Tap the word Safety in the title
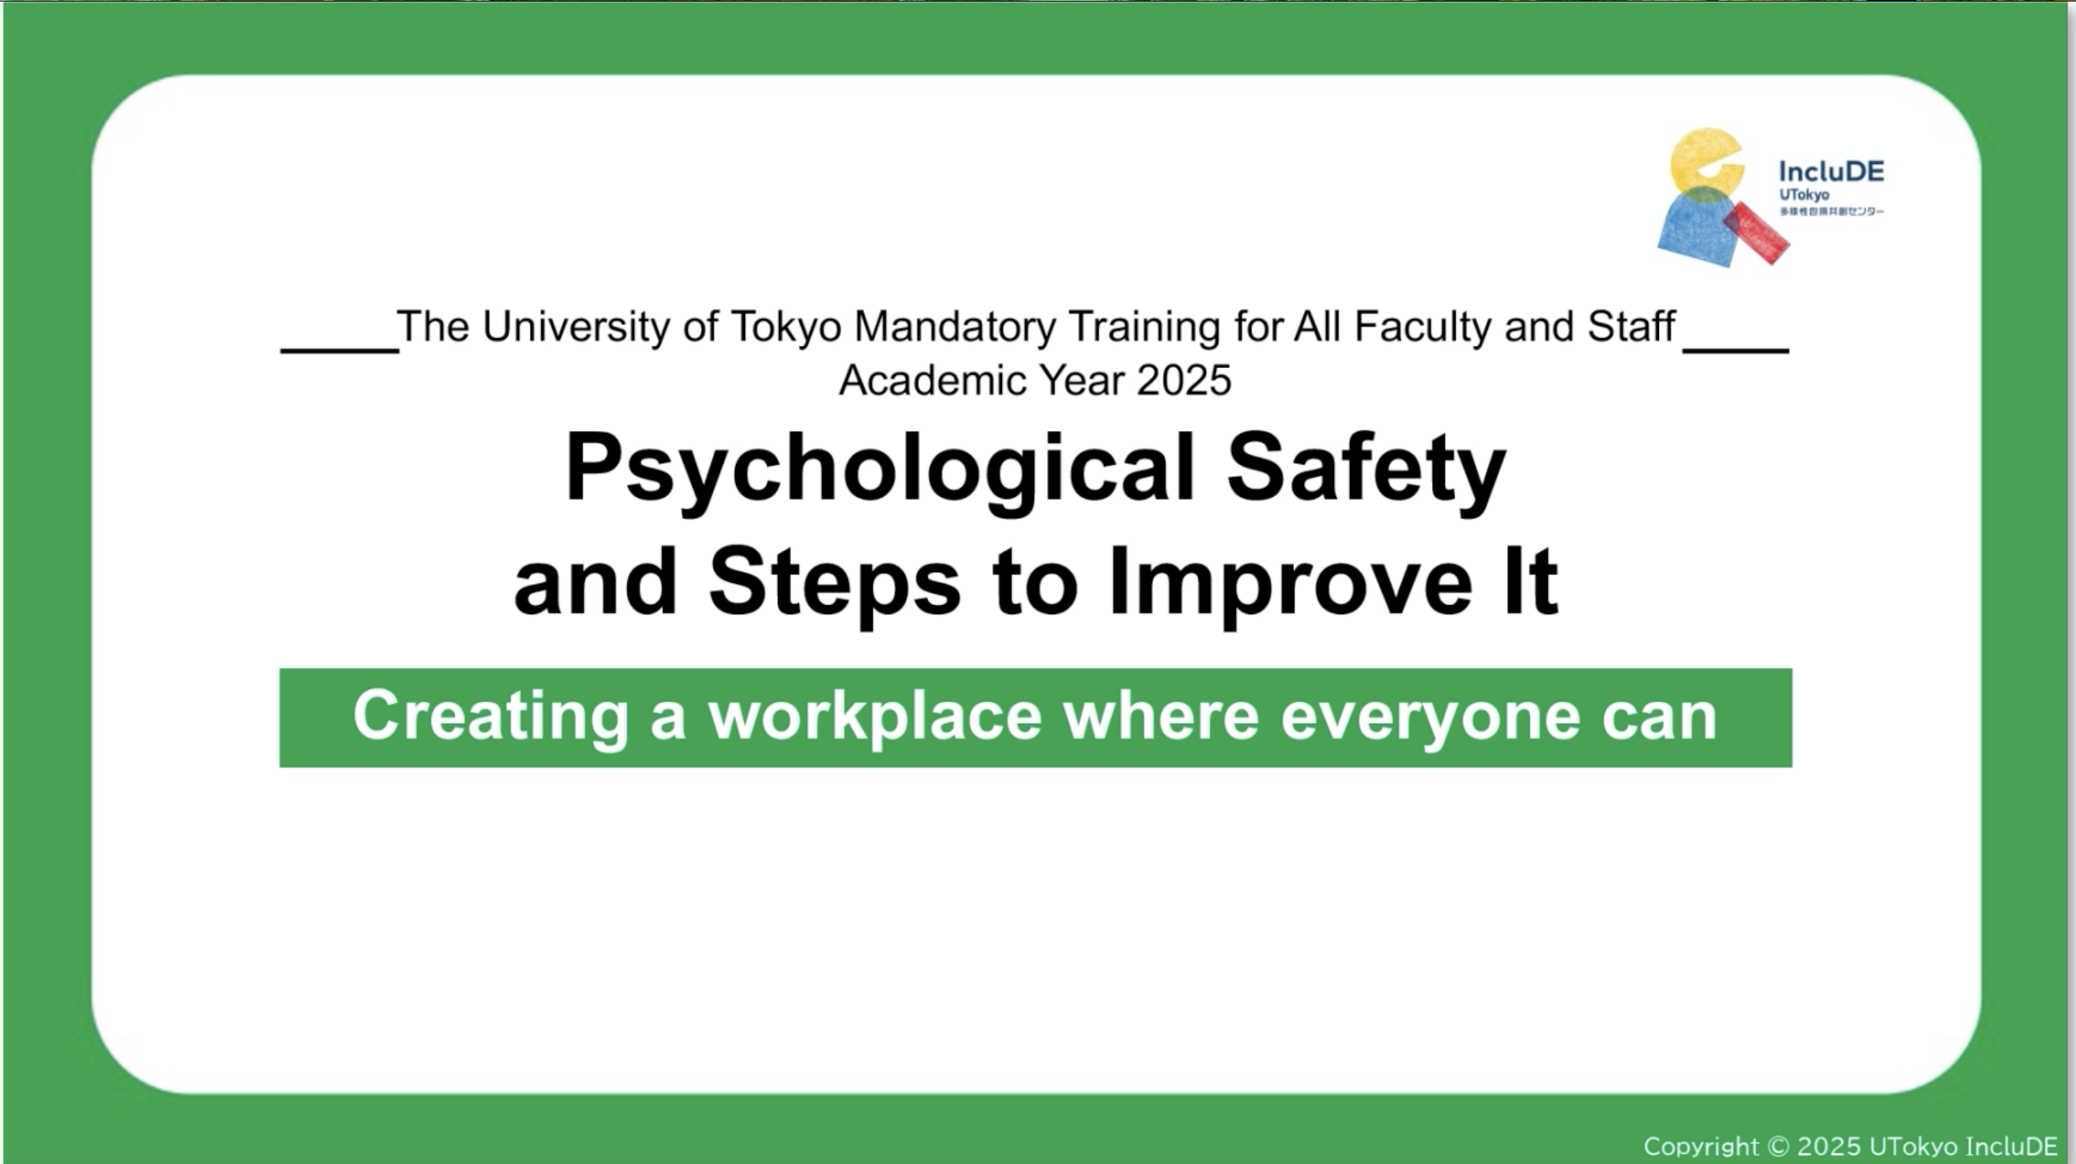[x=1366, y=471]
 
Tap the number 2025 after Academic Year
[x=1184, y=380]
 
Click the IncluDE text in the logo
[x=1831, y=172]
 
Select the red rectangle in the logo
[x=1756, y=233]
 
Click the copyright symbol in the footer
[x=1777, y=1146]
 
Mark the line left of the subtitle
[x=340, y=350]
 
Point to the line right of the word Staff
[x=1736, y=350]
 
